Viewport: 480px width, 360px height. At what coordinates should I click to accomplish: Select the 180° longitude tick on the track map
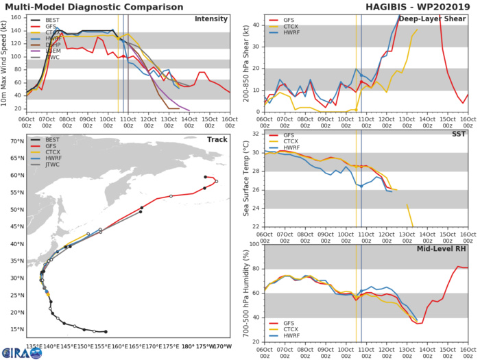point(187,347)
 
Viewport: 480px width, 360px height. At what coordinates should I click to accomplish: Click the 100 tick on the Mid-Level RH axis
point(253,245)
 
